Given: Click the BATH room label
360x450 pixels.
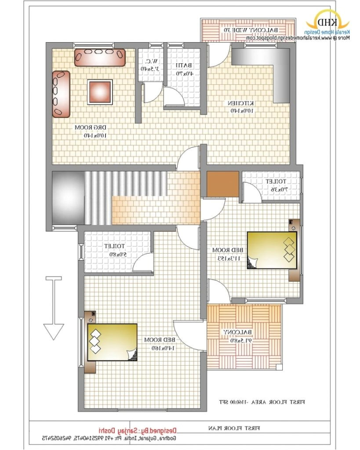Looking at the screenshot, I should coord(183,69).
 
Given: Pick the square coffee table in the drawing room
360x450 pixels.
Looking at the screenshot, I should coord(100,91).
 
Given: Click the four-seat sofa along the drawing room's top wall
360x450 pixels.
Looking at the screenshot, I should coord(100,58).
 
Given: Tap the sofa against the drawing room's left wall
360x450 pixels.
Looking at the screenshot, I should coord(61,94).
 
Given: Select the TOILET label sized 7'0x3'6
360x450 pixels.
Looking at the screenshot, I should coord(276,185).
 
